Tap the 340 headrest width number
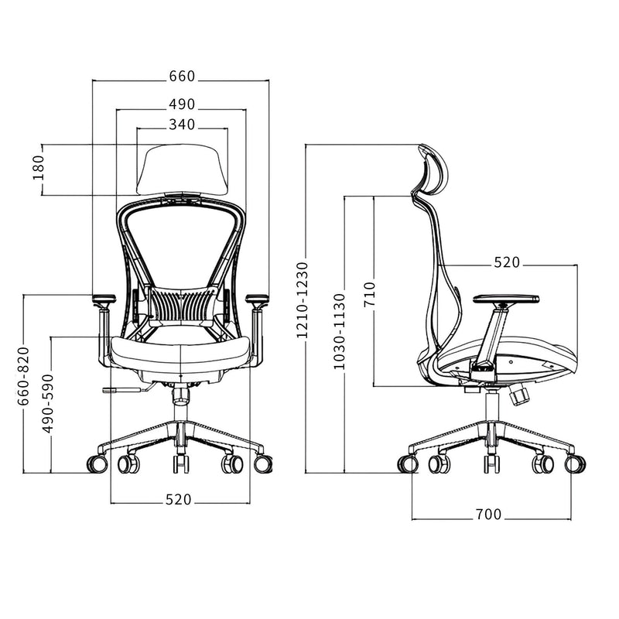point(182,125)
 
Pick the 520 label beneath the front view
point(178,500)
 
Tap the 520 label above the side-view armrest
point(507,263)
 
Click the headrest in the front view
point(182,168)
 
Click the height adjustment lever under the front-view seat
point(121,390)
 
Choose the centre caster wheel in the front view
point(180,463)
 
